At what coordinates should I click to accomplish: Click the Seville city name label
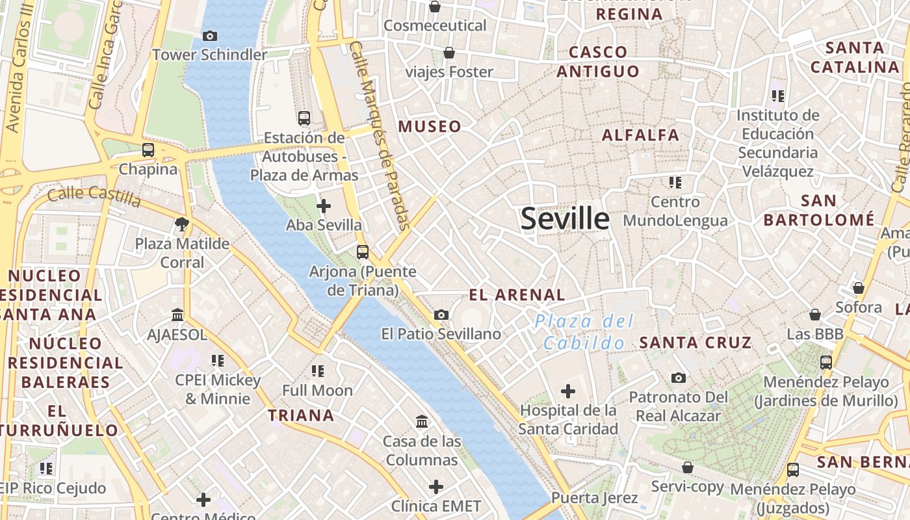pyautogui.click(x=565, y=219)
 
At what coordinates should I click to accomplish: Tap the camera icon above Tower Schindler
pyautogui.click(x=209, y=36)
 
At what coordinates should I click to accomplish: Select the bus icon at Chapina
pyautogui.click(x=148, y=150)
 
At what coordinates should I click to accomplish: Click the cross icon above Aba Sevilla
pyautogui.click(x=323, y=207)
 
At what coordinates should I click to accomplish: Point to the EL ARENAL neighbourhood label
pyautogui.click(x=517, y=295)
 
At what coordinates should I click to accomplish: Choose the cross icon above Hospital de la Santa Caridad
pyautogui.click(x=568, y=391)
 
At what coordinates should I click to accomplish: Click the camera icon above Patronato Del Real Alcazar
pyautogui.click(x=678, y=378)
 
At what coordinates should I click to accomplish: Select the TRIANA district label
pyautogui.click(x=301, y=415)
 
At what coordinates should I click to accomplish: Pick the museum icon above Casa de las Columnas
pyautogui.click(x=422, y=422)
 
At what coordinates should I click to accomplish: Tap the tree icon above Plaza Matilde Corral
pyautogui.click(x=182, y=224)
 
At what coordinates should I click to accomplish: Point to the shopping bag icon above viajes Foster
pyautogui.click(x=448, y=53)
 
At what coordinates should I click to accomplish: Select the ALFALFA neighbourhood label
pyautogui.click(x=640, y=135)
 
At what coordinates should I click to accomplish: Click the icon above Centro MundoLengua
pyautogui.click(x=675, y=183)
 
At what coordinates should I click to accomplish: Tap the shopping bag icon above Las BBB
pyautogui.click(x=814, y=315)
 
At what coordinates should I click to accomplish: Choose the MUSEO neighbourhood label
pyautogui.click(x=430, y=127)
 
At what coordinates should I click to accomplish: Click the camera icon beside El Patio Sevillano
pyautogui.click(x=441, y=315)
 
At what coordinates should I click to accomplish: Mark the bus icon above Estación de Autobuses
pyautogui.click(x=304, y=118)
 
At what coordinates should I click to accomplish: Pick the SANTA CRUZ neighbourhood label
pyautogui.click(x=695, y=343)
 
